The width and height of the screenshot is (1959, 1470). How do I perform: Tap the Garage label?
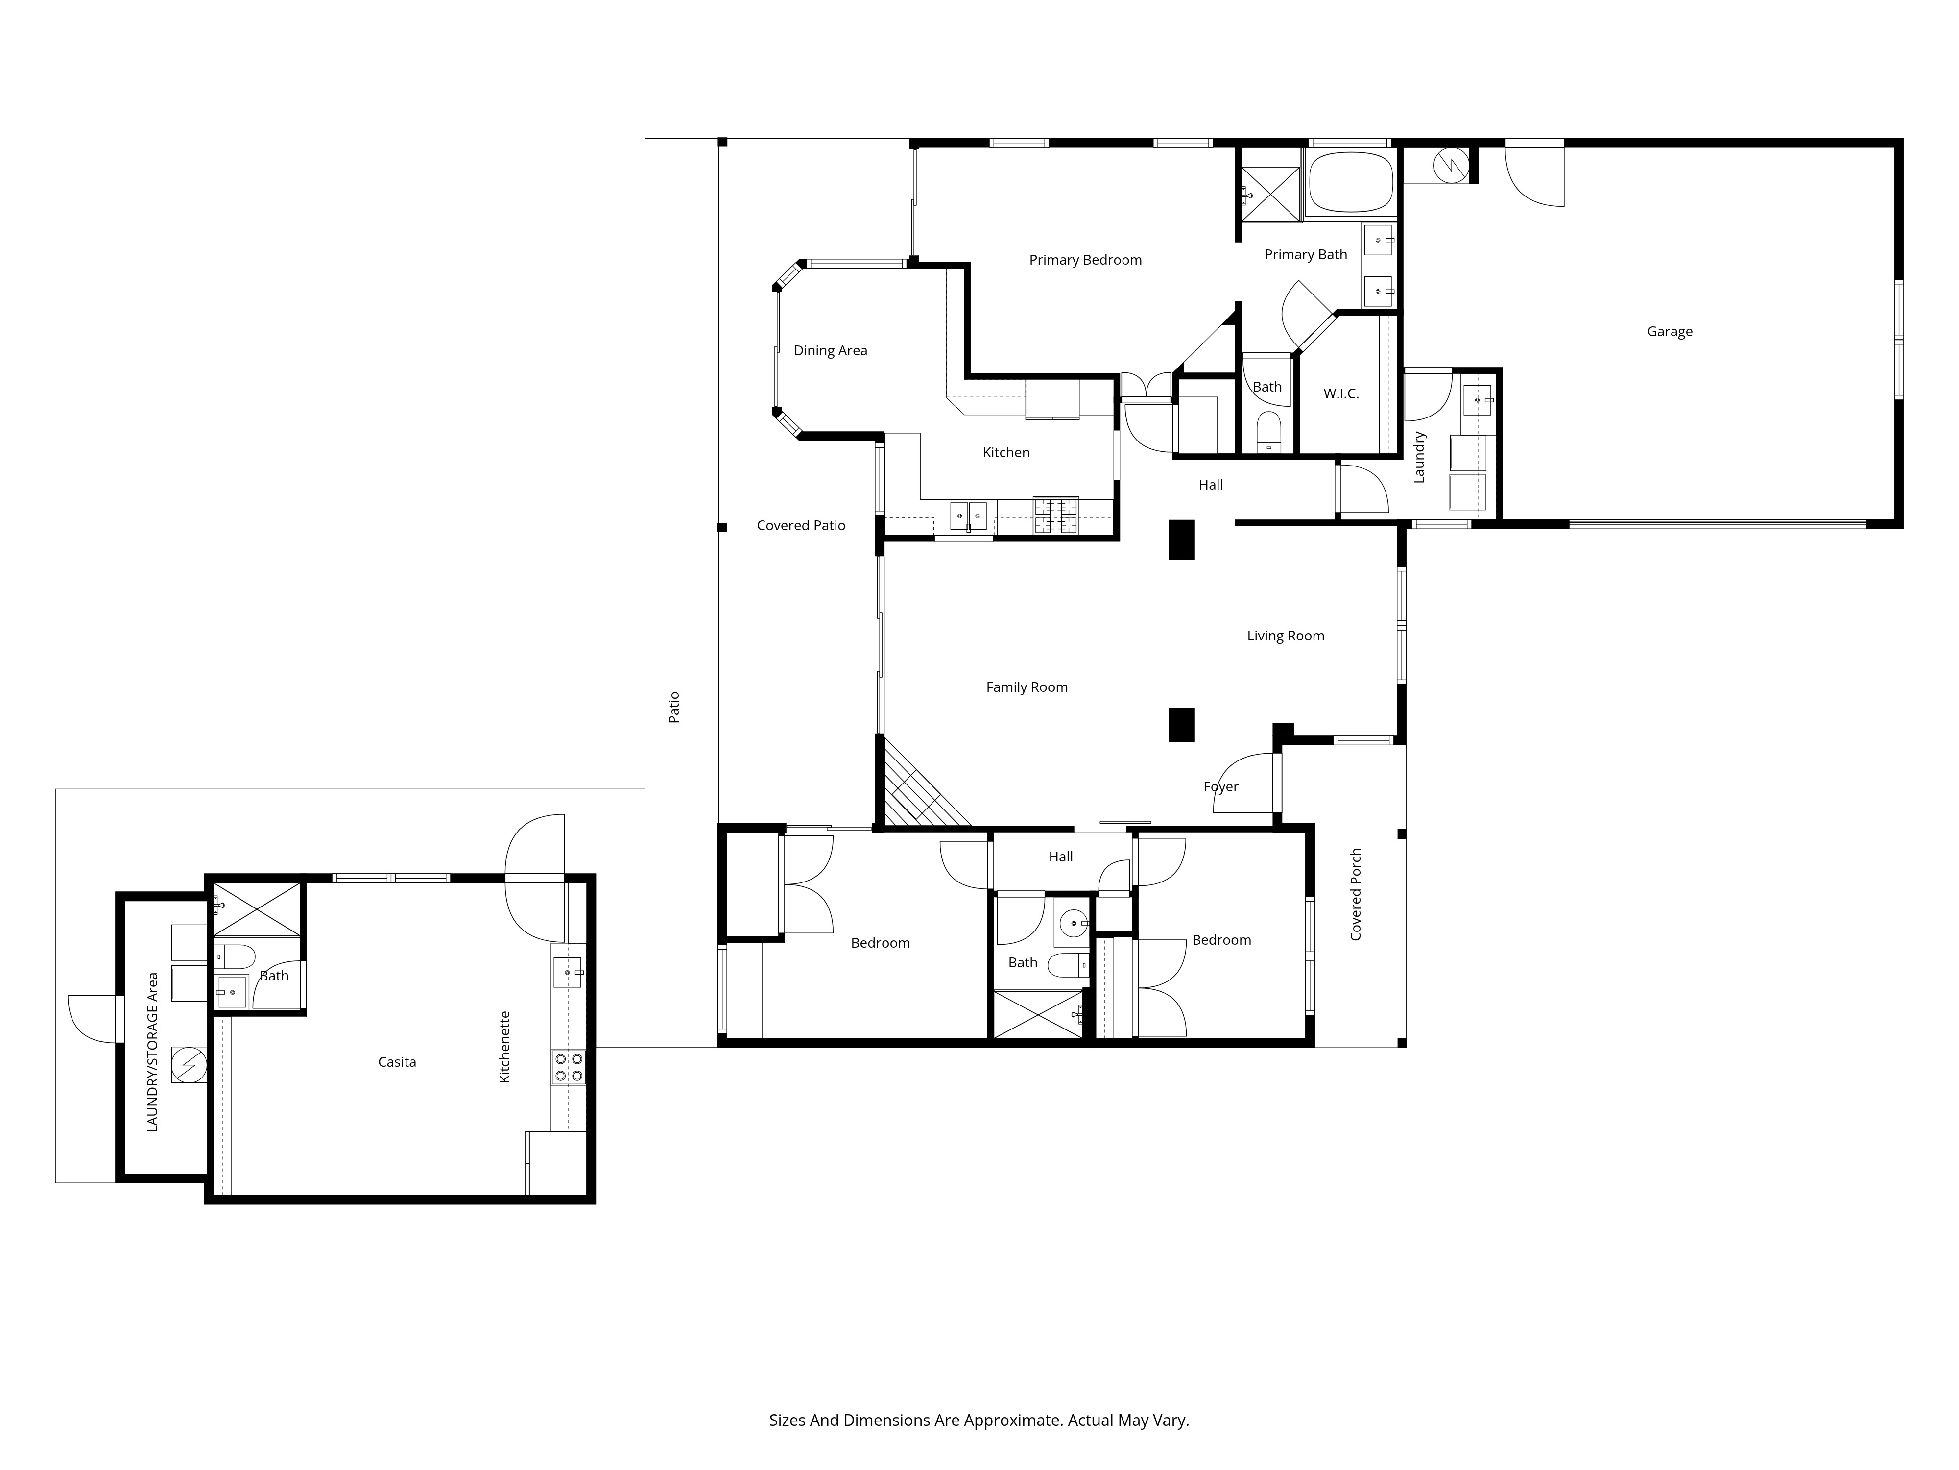pyautogui.click(x=1670, y=331)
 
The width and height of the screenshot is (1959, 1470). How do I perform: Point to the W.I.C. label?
pyautogui.click(x=1341, y=393)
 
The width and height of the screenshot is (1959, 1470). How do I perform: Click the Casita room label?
pyautogui.click(x=397, y=1061)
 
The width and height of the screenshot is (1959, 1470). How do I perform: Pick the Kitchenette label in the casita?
pyautogui.click(x=505, y=1047)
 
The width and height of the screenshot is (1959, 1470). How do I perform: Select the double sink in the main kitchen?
pyautogui.click(x=968, y=515)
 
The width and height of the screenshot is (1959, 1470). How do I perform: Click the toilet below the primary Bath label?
pyautogui.click(x=1269, y=432)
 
